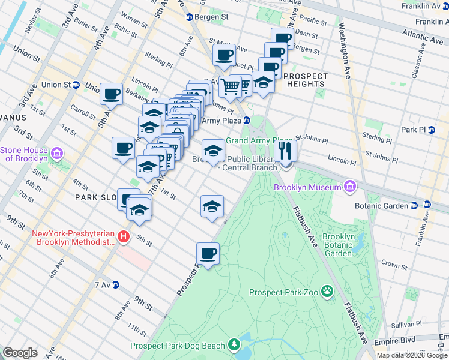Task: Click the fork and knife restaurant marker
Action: (x=285, y=151)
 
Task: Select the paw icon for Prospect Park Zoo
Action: (x=327, y=293)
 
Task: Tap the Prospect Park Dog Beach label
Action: (x=178, y=346)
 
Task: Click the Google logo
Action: (x=20, y=353)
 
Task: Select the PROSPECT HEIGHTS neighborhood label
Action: (x=306, y=80)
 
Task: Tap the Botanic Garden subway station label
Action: (x=384, y=205)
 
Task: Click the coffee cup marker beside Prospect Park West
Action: (x=208, y=254)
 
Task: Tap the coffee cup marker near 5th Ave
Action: (x=111, y=94)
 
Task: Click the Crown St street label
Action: (x=394, y=264)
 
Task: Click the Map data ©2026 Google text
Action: (x=411, y=355)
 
